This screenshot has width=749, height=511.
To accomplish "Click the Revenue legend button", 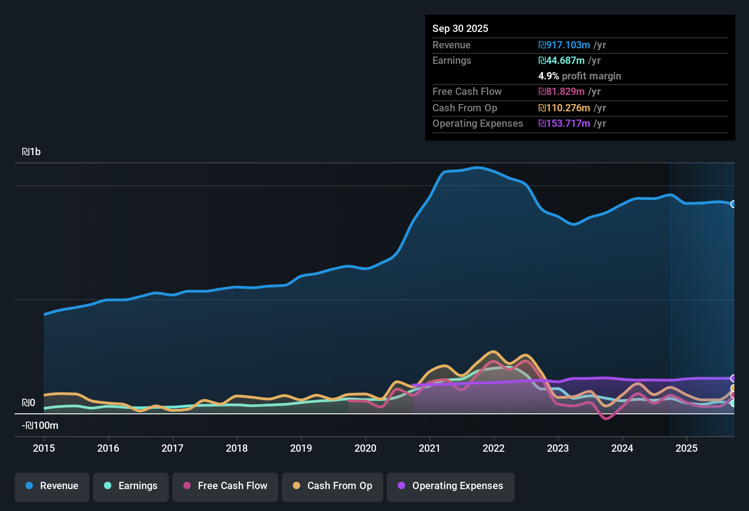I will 52,486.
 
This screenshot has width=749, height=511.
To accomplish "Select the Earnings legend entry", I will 131,486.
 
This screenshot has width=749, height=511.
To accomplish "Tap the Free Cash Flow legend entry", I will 225,486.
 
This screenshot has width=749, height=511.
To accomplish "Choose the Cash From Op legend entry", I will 333,486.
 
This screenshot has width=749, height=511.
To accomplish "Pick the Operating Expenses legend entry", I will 451,486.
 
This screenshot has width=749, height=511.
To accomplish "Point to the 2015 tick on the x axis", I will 44,448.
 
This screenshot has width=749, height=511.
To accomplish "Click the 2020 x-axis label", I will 365,448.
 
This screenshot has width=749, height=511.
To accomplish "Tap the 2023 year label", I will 558,448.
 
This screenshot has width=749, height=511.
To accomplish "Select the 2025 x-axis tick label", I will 687,448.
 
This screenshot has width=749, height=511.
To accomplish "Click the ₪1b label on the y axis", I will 31,152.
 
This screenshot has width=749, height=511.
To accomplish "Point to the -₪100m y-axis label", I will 40,426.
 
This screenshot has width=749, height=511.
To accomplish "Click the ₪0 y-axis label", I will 28,403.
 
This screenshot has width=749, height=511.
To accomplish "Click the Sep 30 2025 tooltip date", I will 460,29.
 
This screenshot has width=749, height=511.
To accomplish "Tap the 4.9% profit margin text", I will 579,76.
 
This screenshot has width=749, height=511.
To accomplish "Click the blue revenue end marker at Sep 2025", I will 733,204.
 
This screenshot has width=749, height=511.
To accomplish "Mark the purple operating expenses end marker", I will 733,378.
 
